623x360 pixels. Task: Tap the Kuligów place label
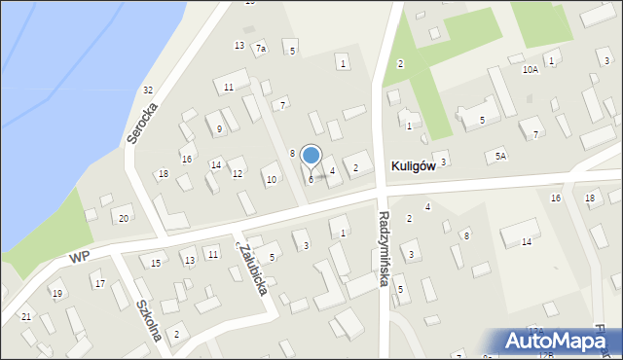[x=412, y=167]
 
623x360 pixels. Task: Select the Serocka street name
[x=141, y=124]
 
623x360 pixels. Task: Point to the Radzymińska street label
[x=384, y=249]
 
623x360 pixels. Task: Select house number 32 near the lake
[x=148, y=90]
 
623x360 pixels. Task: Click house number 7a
[x=260, y=48]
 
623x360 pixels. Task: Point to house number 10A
[x=530, y=70]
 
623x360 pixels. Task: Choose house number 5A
[x=500, y=156]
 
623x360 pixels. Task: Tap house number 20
[x=123, y=218]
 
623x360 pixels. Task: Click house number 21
[x=26, y=317]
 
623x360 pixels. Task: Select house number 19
[x=57, y=294]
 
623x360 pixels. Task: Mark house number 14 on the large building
[x=526, y=241]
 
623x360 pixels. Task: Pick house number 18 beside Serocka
[x=164, y=174]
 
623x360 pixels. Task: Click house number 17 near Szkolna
[x=99, y=284]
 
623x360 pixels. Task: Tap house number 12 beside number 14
[x=238, y=174]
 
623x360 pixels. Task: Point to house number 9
[x=220, y=128]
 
